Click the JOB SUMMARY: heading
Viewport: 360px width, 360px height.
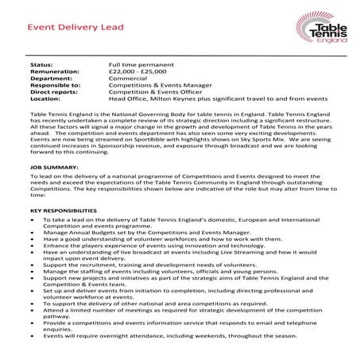[x=54, y=169]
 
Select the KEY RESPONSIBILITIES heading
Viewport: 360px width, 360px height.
[x=64, y=211]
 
